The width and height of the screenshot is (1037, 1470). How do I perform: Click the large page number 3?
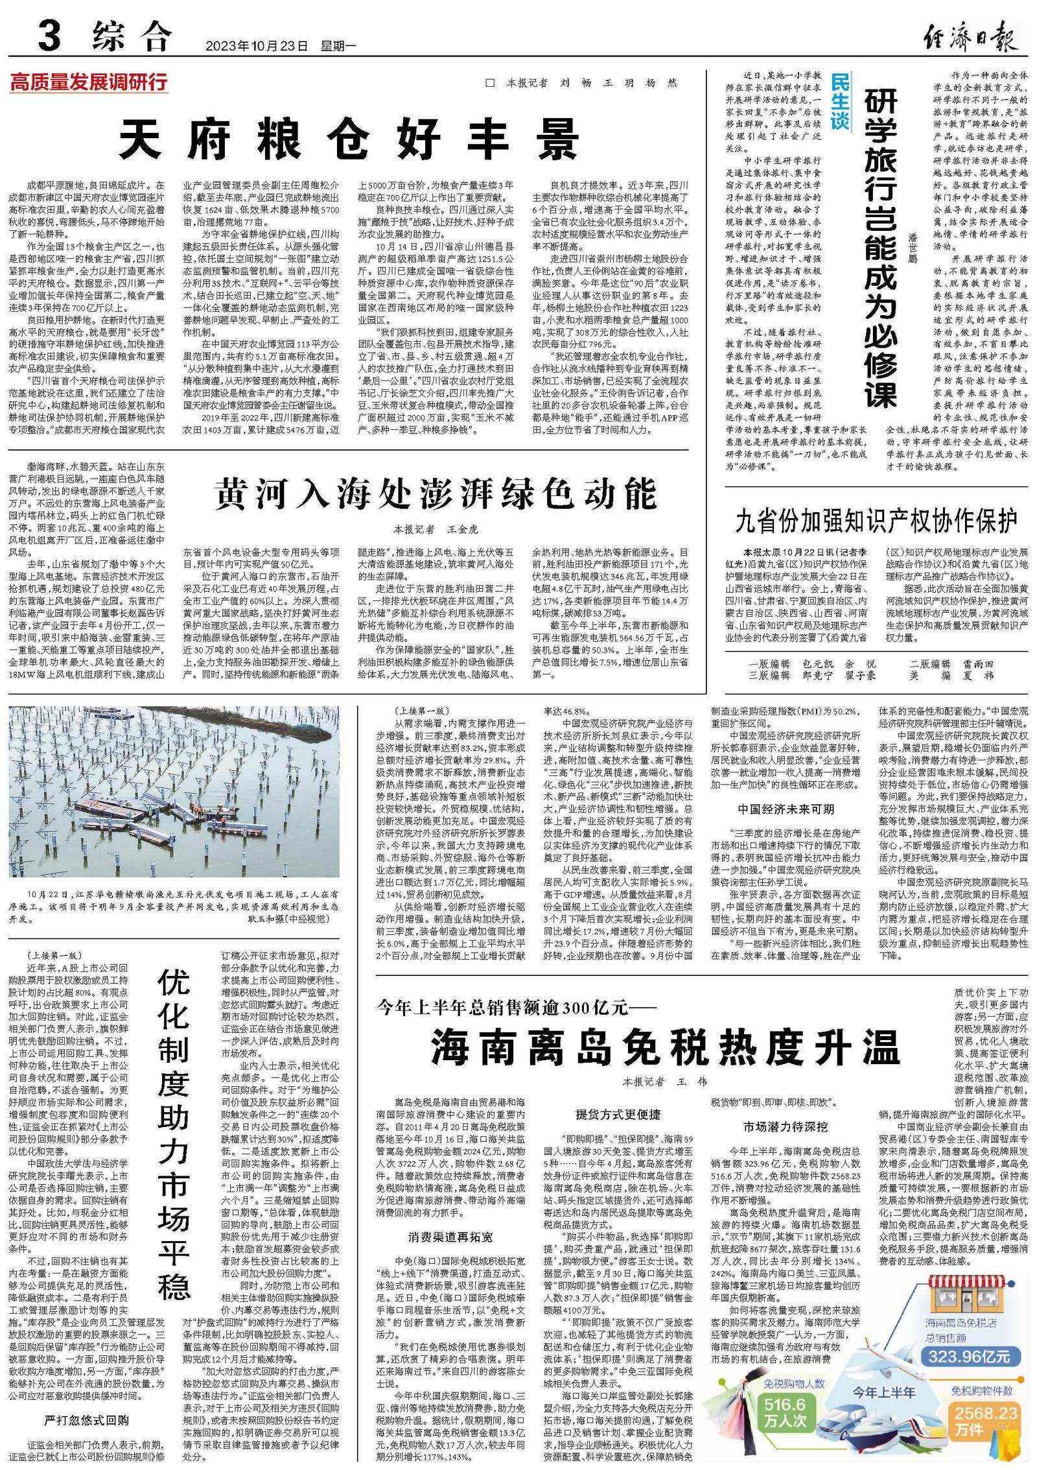pos(50,36)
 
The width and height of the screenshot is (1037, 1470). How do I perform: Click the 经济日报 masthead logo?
pos(970,36)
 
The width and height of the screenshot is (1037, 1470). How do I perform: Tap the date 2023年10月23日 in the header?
pos(255,46)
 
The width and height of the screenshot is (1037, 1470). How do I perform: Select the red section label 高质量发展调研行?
pos(89,82)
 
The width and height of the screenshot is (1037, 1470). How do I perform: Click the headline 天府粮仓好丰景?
pos(349,139)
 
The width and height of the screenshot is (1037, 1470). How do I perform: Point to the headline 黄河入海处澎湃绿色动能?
pos(436,495)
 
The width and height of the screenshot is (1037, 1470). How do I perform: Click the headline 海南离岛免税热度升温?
pos(665,1046)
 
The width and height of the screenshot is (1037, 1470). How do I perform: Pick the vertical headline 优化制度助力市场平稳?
pos(174,1135)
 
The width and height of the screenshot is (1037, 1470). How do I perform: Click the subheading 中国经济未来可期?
pos(786,809)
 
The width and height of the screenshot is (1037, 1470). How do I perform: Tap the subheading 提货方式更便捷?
pos(618,1114)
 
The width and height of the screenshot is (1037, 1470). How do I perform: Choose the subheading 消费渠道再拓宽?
pos(450,1237)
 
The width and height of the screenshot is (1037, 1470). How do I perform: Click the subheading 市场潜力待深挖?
pos(786,1126)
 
